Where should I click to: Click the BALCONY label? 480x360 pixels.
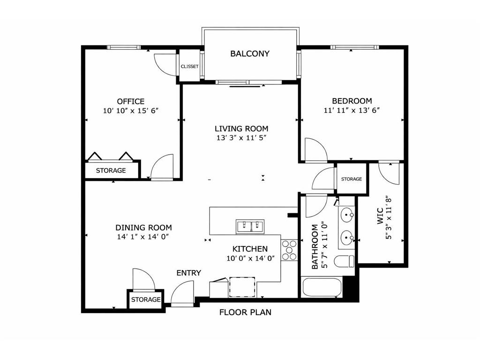[x=250, y=53]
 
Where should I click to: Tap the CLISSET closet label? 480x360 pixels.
[x=189, y=67]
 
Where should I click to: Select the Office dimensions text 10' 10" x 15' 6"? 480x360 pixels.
[x=131, y=111]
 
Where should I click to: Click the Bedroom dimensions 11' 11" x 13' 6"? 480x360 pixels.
[x=352, y=111]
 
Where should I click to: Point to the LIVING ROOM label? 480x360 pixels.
[x=241, y=128]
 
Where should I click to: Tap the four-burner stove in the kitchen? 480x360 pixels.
[x=289, y=250]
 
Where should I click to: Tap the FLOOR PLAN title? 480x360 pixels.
[x=245, y=312]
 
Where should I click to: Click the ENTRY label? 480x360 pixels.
[x=188, y=273]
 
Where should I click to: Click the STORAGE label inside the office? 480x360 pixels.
[x=111, y=171]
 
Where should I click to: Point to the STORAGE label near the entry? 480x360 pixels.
[x=146, y=300]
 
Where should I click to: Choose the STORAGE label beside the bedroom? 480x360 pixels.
[x=351, y=179]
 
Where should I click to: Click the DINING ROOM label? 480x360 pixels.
[x=143, y=228]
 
